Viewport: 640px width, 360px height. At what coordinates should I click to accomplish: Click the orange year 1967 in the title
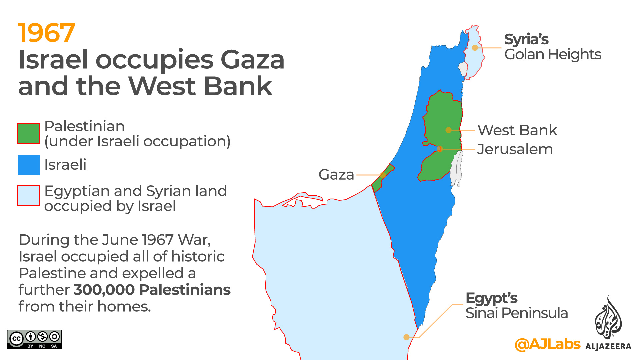click(x=47, y=33)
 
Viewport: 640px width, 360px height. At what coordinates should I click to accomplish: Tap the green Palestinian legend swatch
click(x=29, y=133)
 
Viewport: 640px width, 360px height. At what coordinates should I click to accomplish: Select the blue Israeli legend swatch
click(x=29, y=165)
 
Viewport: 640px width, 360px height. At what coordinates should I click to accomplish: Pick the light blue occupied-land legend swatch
click(x=29, y=196)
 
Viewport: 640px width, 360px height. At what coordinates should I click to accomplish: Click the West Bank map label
click(x=517, y=130)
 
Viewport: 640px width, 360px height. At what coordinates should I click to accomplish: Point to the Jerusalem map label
click(x=515, y=149)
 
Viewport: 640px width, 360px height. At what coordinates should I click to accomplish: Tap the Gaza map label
click(x=336, y=175)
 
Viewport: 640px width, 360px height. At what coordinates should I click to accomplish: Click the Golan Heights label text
click(x=553, y=54)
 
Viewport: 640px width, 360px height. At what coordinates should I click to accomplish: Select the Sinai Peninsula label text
click(x=517, y=313)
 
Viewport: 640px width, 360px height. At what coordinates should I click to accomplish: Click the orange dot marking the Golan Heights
click(x=475, y=48)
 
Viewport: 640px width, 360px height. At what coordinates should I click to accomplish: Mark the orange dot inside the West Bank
click(x=449, y=130)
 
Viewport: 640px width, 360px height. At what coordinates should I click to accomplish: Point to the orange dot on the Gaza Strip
click(x=383, y=175)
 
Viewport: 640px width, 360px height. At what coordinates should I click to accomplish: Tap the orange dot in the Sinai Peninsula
click(x=406, y=337)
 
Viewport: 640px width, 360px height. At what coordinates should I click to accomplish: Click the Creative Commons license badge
click(x=34, y=339)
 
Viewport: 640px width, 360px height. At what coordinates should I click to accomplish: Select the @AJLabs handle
click(x=548, y=344)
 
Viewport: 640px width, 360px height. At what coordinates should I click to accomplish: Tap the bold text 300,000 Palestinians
click(x=152, y=290)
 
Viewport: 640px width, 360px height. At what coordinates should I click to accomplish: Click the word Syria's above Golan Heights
click(x=526, y=39)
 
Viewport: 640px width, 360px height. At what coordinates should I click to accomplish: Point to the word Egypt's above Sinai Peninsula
click(x=491, y=298)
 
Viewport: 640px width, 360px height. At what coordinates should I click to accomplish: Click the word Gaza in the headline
click(x=252, y=60)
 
